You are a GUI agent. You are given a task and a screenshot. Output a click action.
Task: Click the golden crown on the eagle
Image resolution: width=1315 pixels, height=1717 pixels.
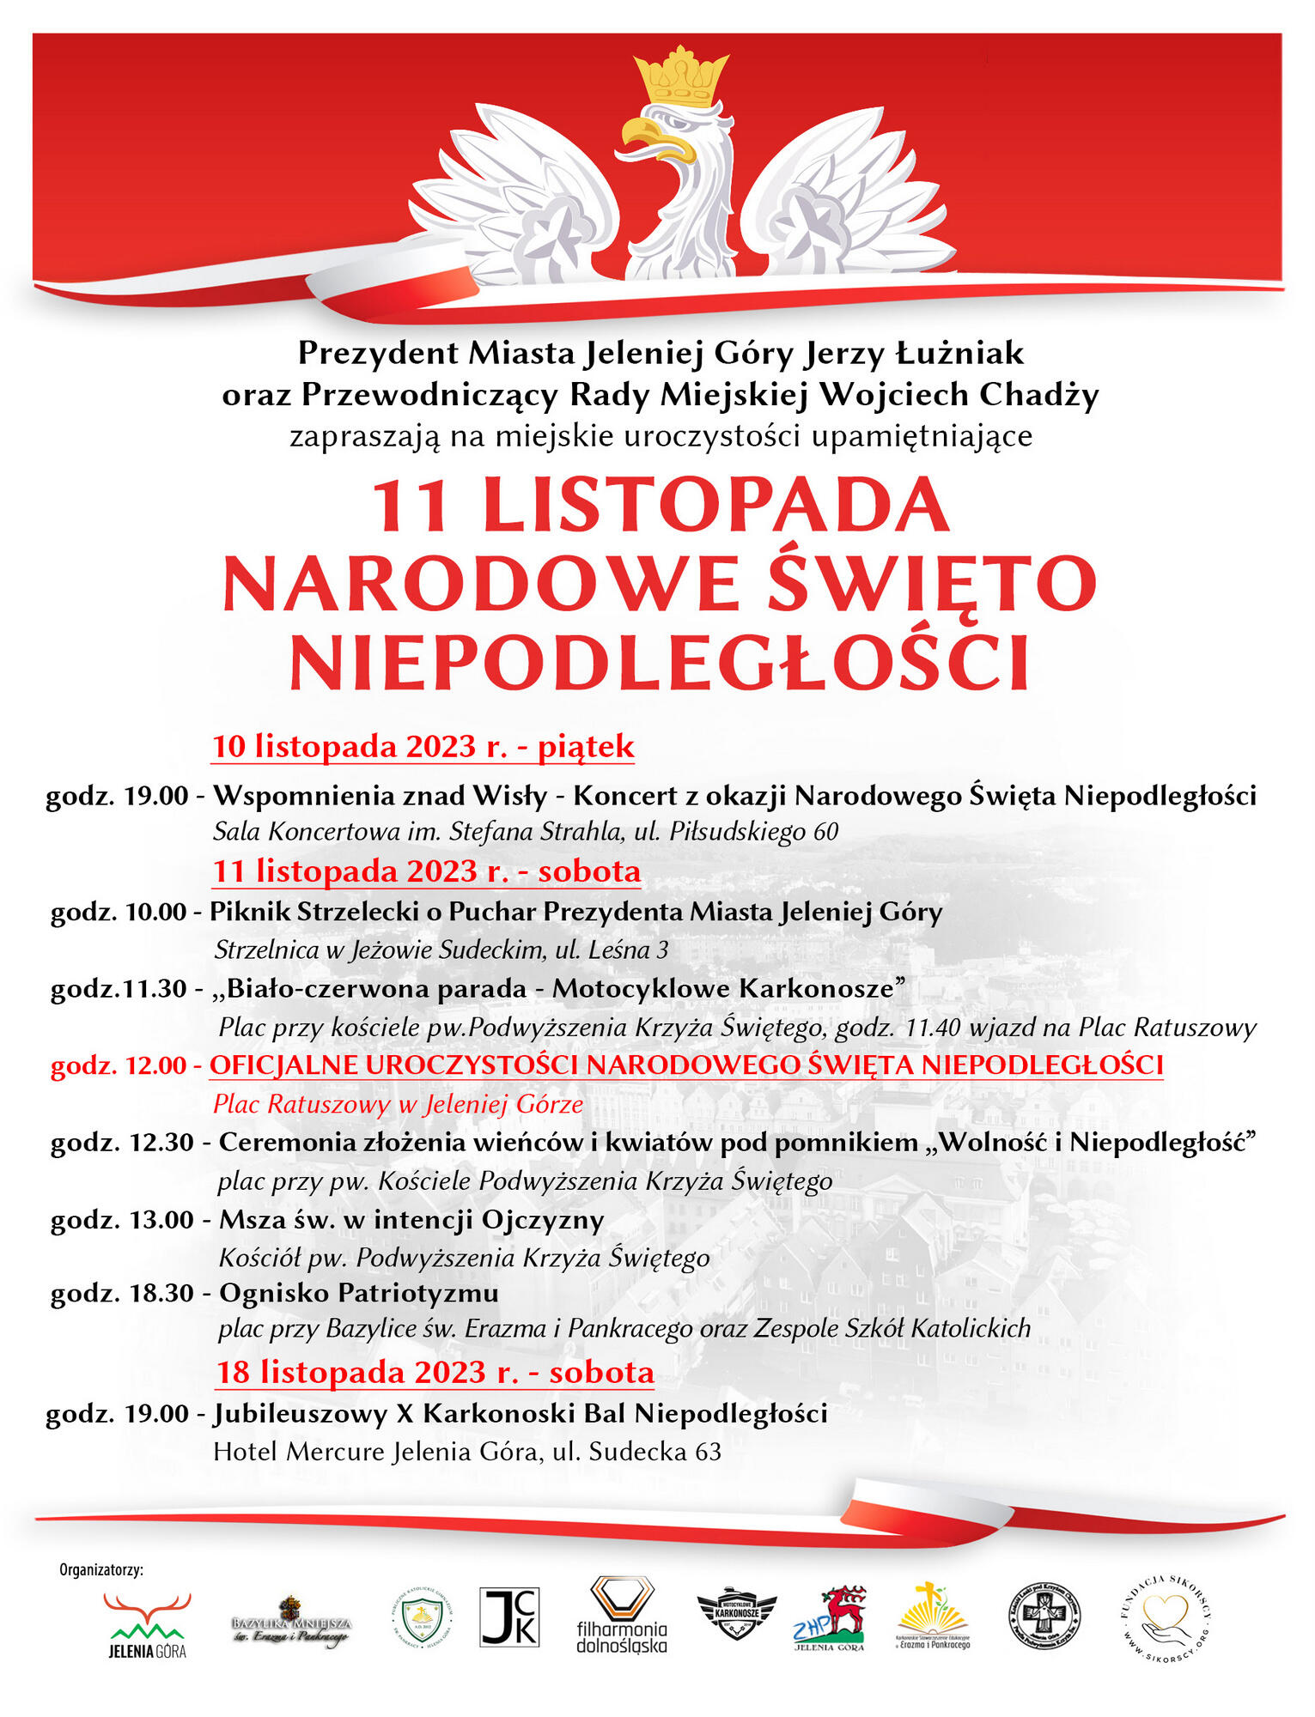pos(681,78)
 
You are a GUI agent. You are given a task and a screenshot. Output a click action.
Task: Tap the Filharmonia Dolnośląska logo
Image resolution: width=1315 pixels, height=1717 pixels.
pos(622,1615)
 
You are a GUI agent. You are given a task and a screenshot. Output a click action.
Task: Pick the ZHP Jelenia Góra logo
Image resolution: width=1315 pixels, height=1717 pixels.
pos(829,1618)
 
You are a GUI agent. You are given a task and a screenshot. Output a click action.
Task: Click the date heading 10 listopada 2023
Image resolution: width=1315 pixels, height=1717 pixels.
pos(423,746)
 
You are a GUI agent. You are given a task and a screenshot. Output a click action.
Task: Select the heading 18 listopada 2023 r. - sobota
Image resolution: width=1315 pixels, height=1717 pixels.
pos(435,1372)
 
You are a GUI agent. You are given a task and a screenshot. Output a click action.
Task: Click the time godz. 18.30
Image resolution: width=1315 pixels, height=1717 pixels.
pos(122,1292)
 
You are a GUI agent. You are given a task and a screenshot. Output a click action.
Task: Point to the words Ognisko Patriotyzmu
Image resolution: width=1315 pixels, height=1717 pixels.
pos(359,1292)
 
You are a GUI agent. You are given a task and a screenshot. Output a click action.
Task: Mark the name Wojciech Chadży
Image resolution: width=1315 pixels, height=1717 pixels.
pos(959,395)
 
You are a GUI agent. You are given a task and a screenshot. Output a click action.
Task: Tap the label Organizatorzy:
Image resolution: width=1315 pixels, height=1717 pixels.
pos(101,1570)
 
